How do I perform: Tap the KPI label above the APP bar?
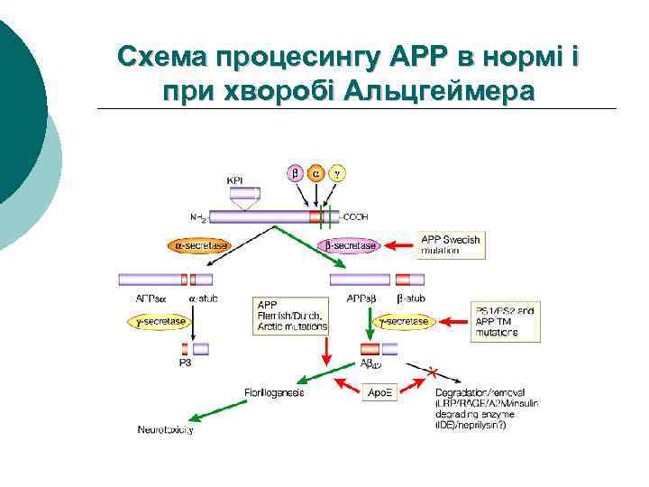pyautogui.click(x=236, y=180)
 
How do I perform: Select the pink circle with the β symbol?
pyautogui.click(x=295, y=173)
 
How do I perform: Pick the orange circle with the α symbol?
pyautogui.click(x=316, y=173)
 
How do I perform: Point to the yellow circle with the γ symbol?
pyautogui.click(x=338, y=173)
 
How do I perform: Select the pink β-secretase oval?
pyautogui.click(x=350, y=245)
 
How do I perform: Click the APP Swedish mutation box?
pyautogui.click(x=451, y=244)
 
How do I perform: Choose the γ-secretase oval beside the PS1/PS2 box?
pyautogui.click(x=403, y=320)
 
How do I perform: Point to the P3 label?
pyautogui.click(x=185, y=363)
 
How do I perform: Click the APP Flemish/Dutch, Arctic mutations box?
pyautogui.click(x=292, y=316)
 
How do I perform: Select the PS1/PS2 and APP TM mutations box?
pyautogui.click(x=507, y=321)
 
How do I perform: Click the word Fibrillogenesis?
pyautogui.click(x=274, y=392)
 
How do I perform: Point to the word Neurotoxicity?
pyautogui.click(x=165, y=430)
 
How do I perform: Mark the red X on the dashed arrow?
pyautogui.click(x=433, y=371)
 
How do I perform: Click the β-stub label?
pyautogui.click(x=411, y=297)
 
